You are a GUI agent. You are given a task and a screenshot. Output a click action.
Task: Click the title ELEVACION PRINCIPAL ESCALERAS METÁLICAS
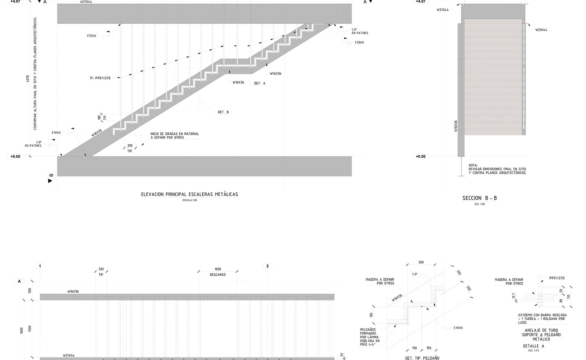tap(189, 195)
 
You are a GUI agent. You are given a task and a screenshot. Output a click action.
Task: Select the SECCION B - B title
tap(479, 198)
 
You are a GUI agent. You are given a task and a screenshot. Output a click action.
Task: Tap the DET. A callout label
tap(260, 83)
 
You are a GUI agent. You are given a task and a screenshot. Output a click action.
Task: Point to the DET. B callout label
tap(223, 112)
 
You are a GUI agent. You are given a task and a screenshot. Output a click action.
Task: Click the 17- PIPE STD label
tap(100, 78)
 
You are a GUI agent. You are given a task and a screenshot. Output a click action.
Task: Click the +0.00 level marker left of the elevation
tap(15, 156)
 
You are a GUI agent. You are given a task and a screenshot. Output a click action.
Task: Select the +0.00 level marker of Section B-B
tap(420, 156)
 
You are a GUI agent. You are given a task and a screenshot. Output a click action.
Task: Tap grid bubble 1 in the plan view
tap(40, 266)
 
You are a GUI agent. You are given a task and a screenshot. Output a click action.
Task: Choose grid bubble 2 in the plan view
tap(267, 266)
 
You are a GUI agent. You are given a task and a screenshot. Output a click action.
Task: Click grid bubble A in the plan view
tap(19, 281)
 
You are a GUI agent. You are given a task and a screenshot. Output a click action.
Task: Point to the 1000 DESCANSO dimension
tap(218, 272)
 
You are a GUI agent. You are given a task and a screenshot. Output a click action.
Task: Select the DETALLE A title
tap(533, 346)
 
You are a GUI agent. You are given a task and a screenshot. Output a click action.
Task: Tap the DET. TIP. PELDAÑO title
tap(422, 358)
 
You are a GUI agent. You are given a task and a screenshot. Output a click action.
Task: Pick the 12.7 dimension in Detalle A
tap(514, 296)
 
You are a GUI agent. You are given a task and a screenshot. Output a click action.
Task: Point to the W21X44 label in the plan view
tap(69, 356)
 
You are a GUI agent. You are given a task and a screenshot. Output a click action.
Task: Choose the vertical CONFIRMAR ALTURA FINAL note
tap(35, 73)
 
